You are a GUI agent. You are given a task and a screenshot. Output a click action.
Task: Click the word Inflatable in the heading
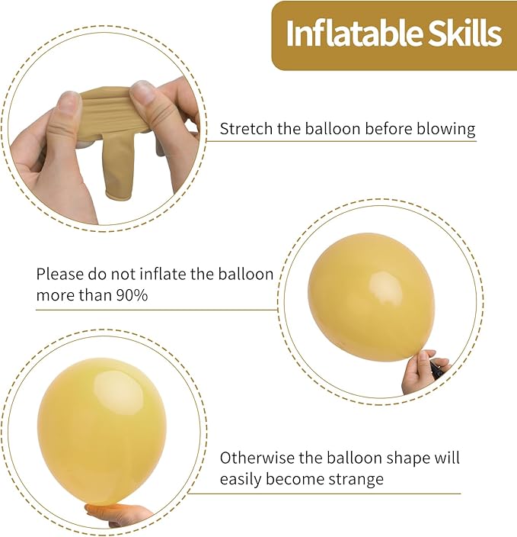coord(343,34)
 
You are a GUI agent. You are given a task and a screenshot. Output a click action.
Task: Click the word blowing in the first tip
coord(446,128)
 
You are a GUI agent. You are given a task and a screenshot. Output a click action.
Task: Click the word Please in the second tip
coord(59,274)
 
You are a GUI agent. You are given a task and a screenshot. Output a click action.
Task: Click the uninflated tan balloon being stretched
coord(122,137)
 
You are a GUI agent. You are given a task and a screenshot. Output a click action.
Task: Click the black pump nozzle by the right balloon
coord(437,369)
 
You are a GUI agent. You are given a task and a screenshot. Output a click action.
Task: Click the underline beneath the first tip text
coord(347,141)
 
